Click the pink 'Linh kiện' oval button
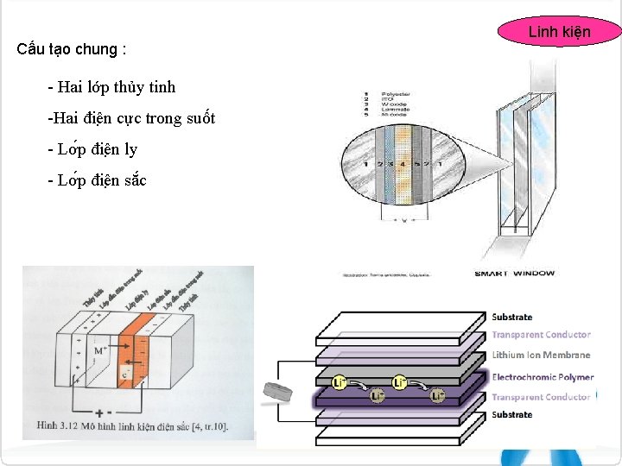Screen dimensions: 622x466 coord(559,32)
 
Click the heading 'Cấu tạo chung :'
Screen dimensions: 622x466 coord(72,49)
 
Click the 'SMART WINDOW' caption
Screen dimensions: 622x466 coord(514,274)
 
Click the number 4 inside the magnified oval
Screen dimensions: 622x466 coord(402,163)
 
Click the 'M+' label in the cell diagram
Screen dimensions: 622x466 coord(100,351)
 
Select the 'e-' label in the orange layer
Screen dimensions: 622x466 coord(126,376)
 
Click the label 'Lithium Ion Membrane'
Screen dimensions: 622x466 coord(541,356)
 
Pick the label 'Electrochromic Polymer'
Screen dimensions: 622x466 coord(543,377)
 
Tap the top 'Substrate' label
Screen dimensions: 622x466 coord(512,318)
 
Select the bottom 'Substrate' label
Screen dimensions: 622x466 coord(512,415)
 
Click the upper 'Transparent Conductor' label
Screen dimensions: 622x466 coord(541,335)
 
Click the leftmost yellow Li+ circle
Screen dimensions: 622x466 coord(340,381)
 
